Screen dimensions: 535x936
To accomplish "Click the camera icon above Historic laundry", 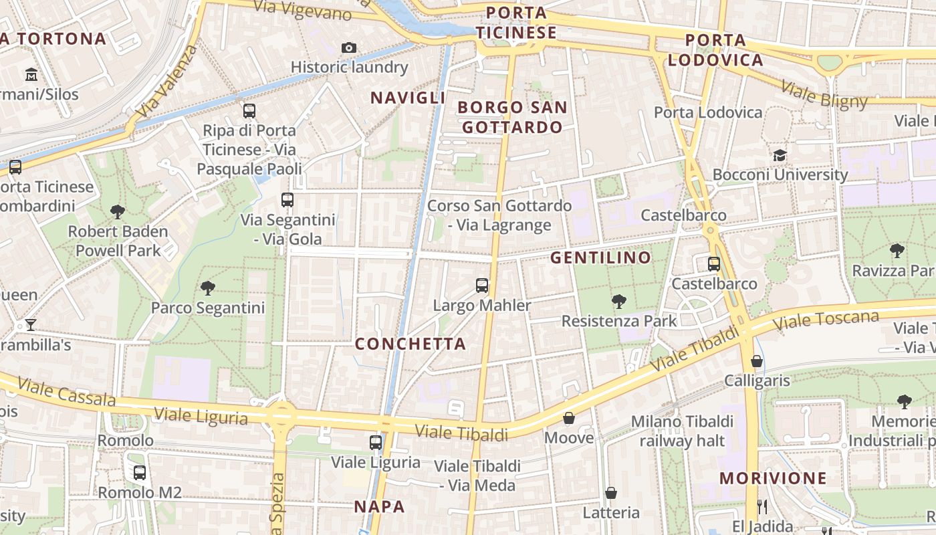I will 348,47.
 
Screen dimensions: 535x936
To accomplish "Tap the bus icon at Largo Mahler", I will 482,286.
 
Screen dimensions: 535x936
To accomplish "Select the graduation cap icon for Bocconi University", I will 780,155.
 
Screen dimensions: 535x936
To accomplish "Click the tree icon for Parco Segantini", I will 208,288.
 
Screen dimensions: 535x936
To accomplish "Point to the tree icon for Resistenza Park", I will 619,301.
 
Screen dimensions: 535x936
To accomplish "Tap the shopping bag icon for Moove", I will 569,418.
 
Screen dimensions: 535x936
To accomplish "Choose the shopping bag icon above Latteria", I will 611,493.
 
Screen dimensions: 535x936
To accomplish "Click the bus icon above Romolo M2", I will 140,473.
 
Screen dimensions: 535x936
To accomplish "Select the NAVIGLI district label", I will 408,98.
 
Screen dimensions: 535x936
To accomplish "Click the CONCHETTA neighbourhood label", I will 411,344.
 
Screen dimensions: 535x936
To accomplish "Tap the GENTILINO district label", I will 600,257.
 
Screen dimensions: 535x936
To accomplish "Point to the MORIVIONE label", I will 774,478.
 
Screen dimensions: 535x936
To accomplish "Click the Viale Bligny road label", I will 824,96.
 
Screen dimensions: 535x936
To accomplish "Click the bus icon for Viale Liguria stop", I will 376,442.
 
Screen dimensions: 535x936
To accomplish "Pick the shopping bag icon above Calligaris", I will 757,361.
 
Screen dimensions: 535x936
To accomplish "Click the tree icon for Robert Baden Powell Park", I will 118,212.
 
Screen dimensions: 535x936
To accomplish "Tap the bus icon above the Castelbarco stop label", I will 714,263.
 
